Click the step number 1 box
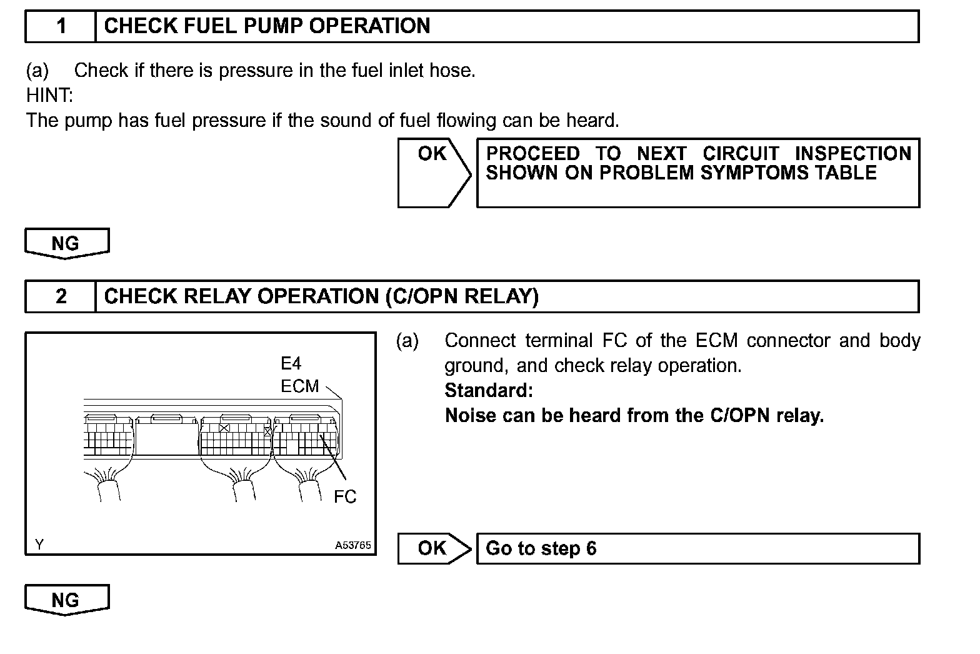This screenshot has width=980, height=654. click(x=61, y=26)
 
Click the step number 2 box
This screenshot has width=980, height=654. click(x=61, y=296)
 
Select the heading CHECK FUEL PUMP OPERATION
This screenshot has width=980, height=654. click(x=267, y=26)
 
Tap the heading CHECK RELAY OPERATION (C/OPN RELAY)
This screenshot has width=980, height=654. click(x=321, y=296)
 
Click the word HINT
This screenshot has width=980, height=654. click(x=49, y=95)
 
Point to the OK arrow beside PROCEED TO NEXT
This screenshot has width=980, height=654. click(x=434, y=173)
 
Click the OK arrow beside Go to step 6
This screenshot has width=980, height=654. click(x=434, y=548)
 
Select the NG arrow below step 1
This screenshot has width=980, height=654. click(x=66, y=243)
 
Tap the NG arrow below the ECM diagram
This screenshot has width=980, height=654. click(x=66, y=600)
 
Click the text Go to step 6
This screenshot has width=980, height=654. click(x=541, y=548)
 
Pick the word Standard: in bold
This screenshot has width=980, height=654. click(x=489, y=391)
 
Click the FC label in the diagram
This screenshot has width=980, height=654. click(x=345, y=497)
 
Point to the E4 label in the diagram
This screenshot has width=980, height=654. click(x=291, y=364)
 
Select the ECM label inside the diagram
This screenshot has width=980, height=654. click(x=300, y=386)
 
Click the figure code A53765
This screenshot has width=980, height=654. click(x=353, y=545)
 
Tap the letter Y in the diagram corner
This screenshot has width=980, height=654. click(x=39, y=545)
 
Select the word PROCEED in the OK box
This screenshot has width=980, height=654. click(x=532, y=154)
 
